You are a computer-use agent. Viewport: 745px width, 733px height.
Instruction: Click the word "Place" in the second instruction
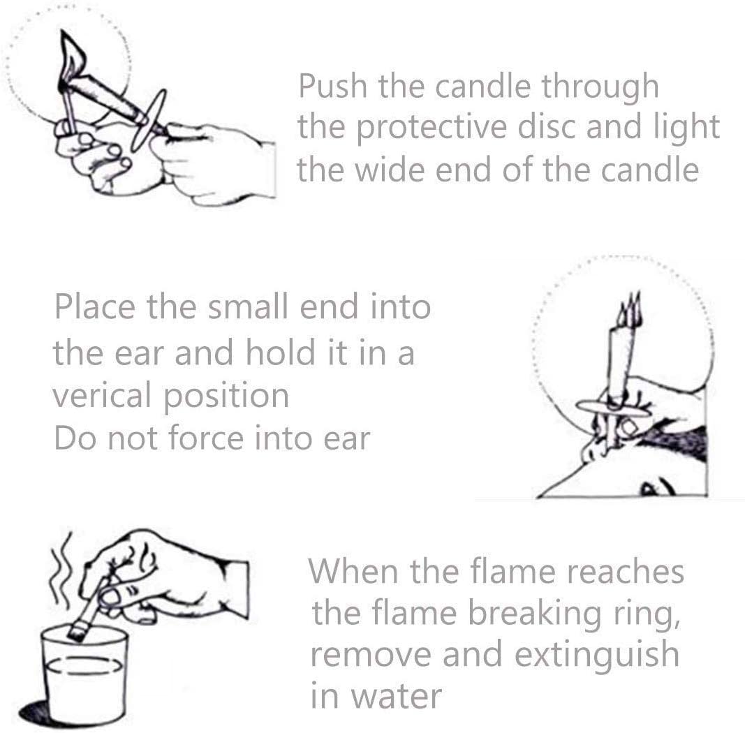(94, 306)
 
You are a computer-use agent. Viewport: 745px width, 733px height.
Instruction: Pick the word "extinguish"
(596, 655)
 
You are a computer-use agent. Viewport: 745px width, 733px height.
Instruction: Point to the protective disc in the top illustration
(149, 120)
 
